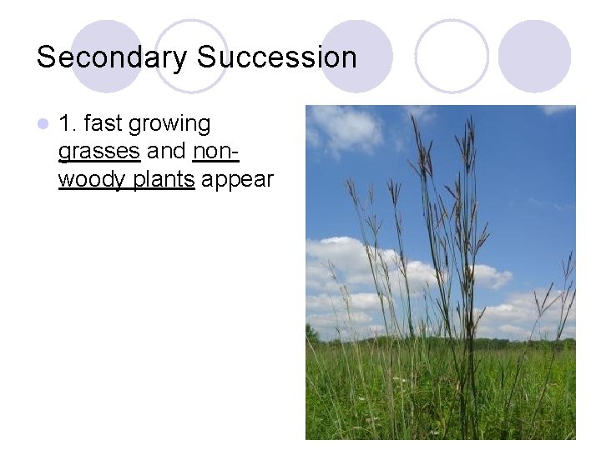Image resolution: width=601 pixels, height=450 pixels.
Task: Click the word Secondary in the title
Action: coord(112,57)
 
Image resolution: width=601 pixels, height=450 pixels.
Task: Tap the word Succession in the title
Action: coord(276,57)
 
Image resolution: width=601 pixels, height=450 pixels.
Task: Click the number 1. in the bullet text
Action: coord(68,124)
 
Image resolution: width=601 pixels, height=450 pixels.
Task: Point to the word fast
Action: coord(104,124)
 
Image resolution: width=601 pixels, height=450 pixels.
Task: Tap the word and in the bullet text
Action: coord(166,152)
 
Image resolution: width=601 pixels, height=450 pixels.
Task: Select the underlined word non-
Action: coord(215,152)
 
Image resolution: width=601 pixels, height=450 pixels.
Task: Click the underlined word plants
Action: coord(164,181)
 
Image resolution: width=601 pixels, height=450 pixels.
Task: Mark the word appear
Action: coord(237,181)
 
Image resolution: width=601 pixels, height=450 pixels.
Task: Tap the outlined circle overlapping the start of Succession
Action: coord(191,56)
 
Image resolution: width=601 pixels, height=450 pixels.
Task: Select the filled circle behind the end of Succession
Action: coord(356,56)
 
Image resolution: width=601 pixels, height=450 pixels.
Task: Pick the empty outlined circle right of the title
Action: coord(452,56)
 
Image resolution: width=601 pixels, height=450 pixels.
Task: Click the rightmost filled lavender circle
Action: coord(534,56)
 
